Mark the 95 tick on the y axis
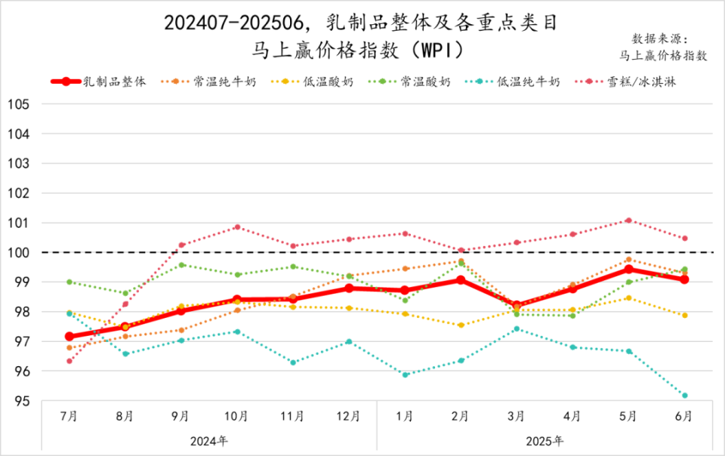pyautogui.click(x=20, y=401)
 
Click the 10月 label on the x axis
pyautogui.click(x=236, y=416)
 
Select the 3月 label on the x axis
pyautogui.click(x=516, y=416)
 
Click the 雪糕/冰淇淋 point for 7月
pyautogui.click(x=69, y=361)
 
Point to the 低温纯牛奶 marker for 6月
pyautogui.click(x=684, y=396)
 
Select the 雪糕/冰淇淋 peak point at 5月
pyautogui.click(x=628, y=220)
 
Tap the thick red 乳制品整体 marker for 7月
pyautogui.click(x=69, y=337)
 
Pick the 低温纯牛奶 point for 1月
pyautogui.click(x=405, y=374)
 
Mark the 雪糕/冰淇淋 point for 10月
pyautogui.click(x=237, y=227)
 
